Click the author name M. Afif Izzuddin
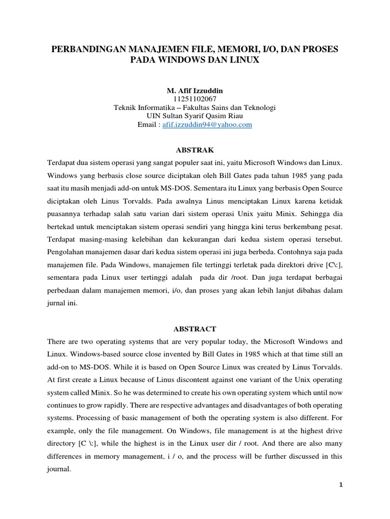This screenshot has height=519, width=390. coord(195,91)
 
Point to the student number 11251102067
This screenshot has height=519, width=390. coord(195,99)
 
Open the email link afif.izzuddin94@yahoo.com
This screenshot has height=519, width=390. coord(207,124)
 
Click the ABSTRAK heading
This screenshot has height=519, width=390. coord(195,150)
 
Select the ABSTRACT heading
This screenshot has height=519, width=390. coord(195,328)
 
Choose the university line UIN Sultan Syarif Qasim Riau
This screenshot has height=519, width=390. coord(195,116)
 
